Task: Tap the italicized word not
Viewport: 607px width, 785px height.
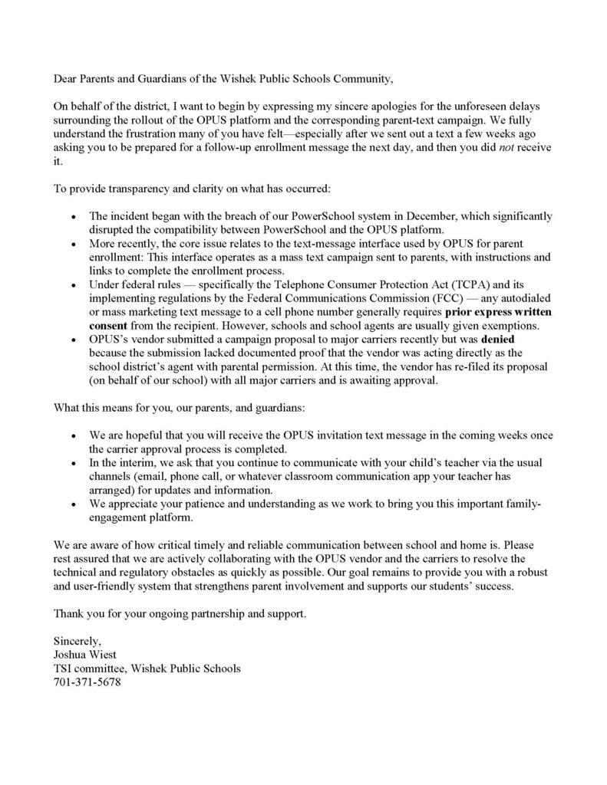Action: click(x=507, y=147)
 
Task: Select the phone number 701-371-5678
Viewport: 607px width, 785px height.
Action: click(x=87, y=682)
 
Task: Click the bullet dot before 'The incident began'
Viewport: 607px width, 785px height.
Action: click(x=72, y=218)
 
